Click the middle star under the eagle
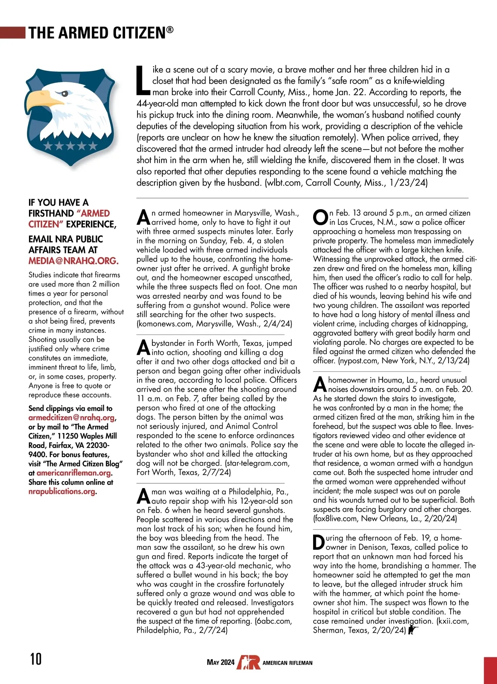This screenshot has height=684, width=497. [x=71, y=145]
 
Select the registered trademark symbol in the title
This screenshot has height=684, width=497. [x=170, y=29]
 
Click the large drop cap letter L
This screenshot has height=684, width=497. [x=143, y=80]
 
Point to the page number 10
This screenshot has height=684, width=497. [x=36, y=658]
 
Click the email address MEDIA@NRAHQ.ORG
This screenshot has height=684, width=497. [x=73, y=261]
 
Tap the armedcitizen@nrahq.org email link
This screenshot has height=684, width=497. [x=72, y=417]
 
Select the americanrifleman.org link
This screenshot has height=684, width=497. [x=74, y=473]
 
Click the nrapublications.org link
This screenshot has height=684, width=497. [x=62, y=491]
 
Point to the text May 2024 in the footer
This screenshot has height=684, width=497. [x=220, y=662]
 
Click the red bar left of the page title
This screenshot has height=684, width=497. [x=13, y=33]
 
